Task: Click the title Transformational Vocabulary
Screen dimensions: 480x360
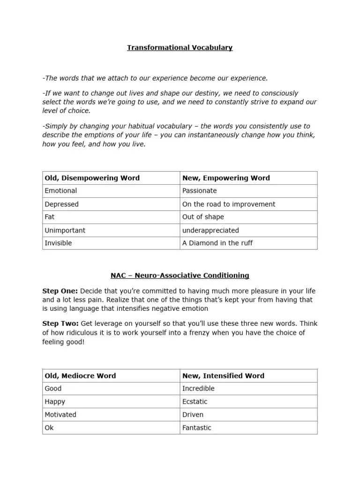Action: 180,48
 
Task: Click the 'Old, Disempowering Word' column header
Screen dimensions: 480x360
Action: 92,178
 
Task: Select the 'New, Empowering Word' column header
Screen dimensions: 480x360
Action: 226,178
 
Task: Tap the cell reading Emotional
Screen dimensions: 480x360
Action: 61,191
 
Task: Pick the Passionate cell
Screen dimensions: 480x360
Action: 200,191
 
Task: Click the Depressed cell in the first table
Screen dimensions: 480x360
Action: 62,204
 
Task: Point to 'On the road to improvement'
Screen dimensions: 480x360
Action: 229,204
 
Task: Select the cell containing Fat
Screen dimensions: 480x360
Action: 50,217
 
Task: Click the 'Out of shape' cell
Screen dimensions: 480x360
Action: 203,217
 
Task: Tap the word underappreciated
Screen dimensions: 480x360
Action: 210,231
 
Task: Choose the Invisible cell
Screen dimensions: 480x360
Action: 58,243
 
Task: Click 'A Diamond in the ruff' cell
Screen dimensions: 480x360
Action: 217,243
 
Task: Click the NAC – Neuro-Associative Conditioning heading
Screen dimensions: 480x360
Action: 180,276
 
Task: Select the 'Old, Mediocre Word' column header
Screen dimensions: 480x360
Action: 80,375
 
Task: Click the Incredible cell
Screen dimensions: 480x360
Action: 198,389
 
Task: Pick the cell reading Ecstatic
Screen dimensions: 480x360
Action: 195,402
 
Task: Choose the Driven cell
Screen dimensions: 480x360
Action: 193,415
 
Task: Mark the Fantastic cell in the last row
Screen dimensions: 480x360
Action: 197,428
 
